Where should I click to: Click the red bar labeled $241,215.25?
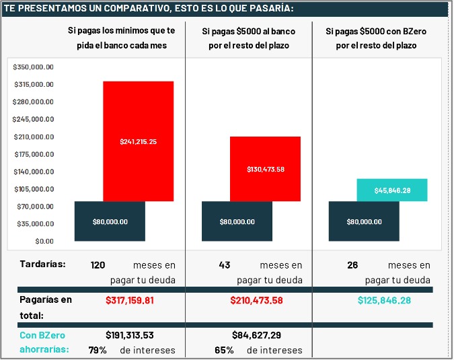(x=138, y=141)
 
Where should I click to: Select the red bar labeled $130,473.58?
(x=265, y=169)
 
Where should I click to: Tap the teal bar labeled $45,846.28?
(x=392, y=190)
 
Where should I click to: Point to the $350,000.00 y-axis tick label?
(x=33, y=67)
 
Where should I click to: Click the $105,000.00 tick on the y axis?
(x=33, y=189)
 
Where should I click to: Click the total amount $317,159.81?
(x=129, y=300)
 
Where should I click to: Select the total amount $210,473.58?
(x=258, y=300)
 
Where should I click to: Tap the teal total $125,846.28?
(x=384, y=300)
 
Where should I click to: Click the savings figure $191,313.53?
(x=129, y=335)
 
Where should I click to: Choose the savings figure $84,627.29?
(x=258, y=335)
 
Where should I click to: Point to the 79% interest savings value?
(x=98, y=350)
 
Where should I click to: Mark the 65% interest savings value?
(x=225, y=350)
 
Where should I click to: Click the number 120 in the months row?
(x=98, y=265)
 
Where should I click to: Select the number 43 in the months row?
(x=225, y=265)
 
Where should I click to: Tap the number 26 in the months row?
(x=352, y=265)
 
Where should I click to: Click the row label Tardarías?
(x=42, y=264)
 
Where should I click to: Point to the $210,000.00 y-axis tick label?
(x=33, y=137)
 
